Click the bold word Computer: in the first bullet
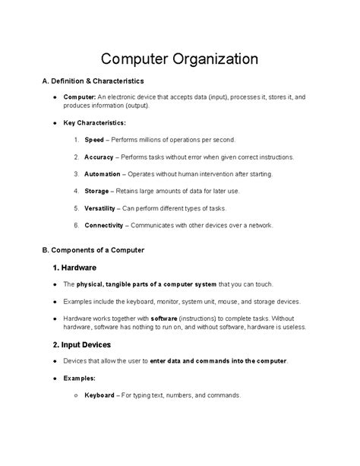point(79,97)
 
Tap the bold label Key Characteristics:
point(95,122)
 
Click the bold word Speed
point(94,140)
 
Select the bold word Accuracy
point(99,157)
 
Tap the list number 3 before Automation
point(77,173)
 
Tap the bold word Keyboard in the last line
point(99,395)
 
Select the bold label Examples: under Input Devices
point(81,378)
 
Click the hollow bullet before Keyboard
point(76,395)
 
